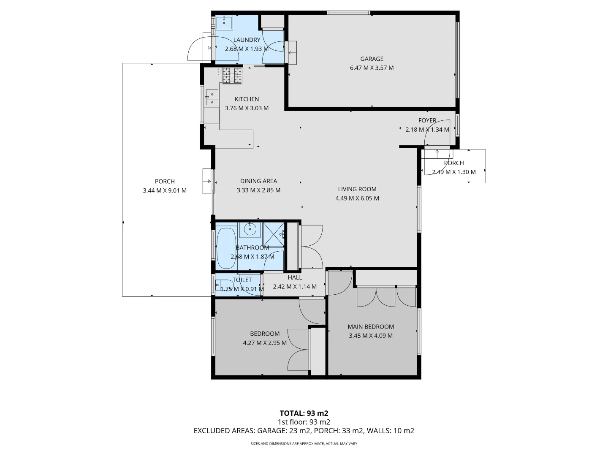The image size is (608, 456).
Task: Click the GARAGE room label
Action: tap(372, 59)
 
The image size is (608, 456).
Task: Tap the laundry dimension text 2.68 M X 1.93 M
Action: tap(247, 49)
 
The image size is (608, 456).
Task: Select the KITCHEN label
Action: tap(247, 99)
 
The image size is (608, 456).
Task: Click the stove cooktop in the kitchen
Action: tap(232, 76)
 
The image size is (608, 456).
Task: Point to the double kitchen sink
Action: tap(212, 98)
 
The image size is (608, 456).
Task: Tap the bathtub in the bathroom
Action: tap(226, 248)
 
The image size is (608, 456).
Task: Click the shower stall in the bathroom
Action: tap(273, 234)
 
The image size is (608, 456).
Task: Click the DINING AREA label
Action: tap(258, 181)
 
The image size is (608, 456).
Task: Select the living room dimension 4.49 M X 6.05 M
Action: tap(357, 198)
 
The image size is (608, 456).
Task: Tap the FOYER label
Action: tap(427, 121)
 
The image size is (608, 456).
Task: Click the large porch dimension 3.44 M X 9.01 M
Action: tap(165, 191)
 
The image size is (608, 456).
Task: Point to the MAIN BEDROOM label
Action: tap(371, 327)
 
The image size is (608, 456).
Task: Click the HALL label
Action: tap(295, 277)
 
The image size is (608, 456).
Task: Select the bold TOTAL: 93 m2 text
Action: tap(304, 413)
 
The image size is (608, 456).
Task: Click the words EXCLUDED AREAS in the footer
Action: tap(223, 431)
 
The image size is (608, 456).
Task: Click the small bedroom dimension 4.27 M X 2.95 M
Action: tap(265, 343)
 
